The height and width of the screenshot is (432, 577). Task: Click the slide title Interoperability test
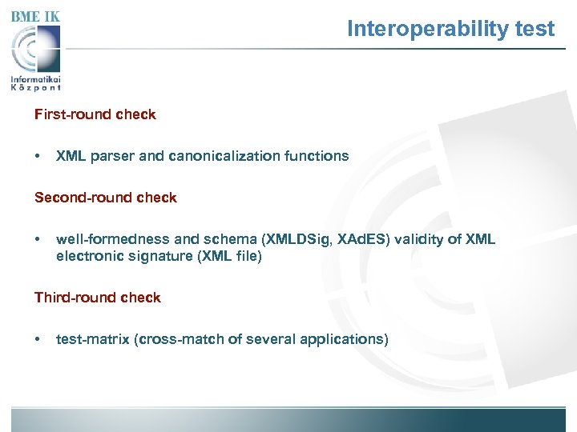click(450, 30)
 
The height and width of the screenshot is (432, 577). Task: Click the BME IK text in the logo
click(35, 16)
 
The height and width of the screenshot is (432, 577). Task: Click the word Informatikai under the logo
click(36, 79)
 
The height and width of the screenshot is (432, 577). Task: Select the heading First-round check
click(95, 114)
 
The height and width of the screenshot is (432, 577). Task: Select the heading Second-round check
click(105, 198)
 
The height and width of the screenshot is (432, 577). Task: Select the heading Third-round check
click(97, 298)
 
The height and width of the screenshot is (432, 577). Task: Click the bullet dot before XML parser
click(38, 156)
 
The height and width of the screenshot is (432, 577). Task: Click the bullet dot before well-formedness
click(38, 239)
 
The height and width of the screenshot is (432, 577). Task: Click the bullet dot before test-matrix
click(38, 339)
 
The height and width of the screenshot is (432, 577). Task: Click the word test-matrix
click(94, 339)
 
